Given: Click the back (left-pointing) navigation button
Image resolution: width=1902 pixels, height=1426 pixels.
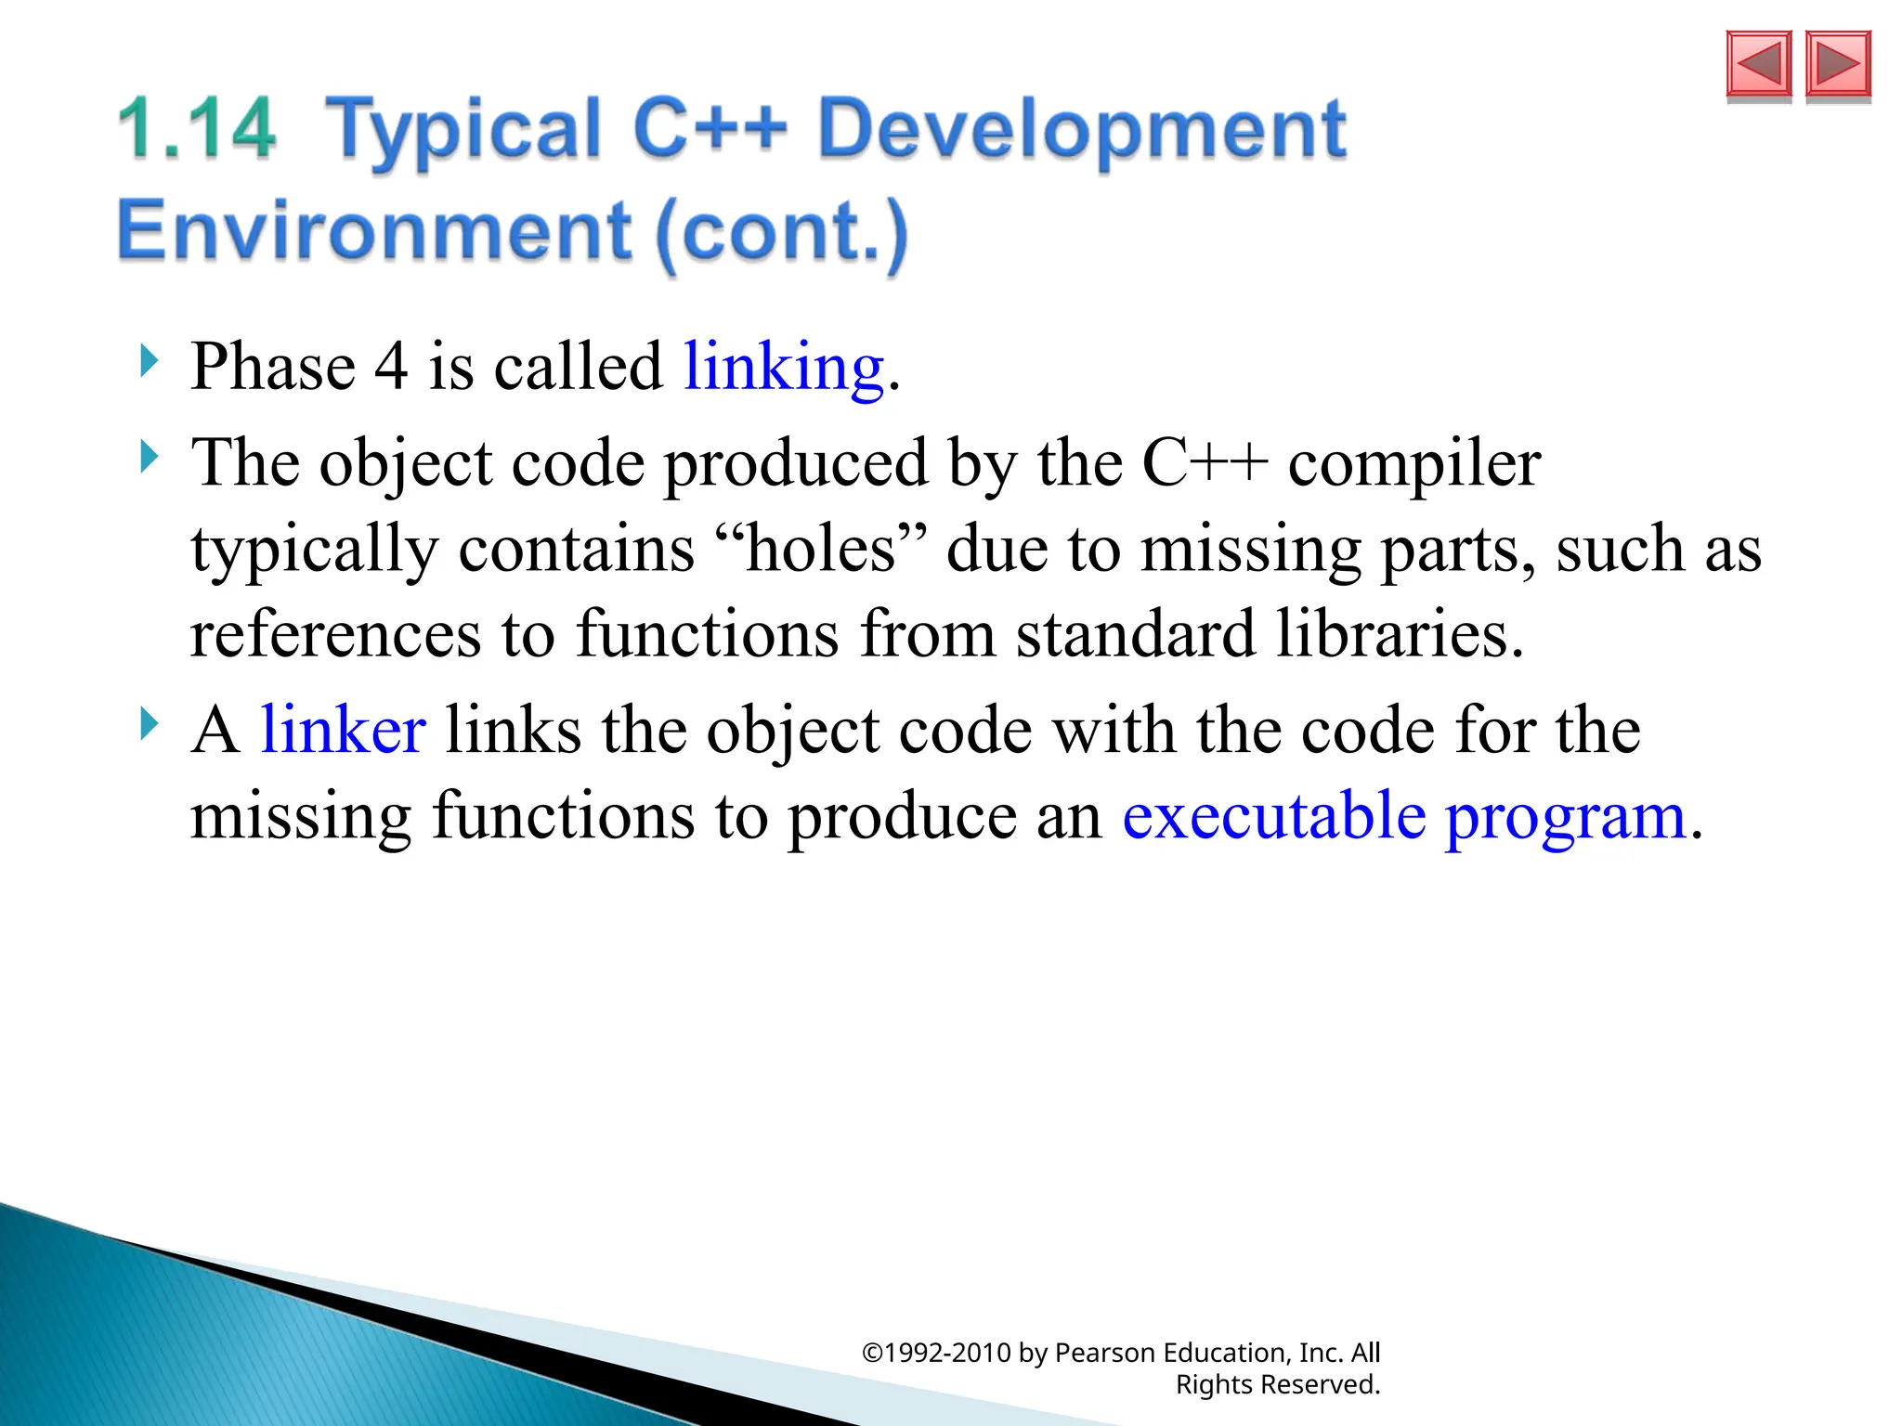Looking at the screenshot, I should tap(1758, 64).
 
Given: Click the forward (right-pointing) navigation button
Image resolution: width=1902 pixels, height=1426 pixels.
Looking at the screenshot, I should tap(1838, 64).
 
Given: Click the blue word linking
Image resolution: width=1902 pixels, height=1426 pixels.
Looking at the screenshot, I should tap(784, 367).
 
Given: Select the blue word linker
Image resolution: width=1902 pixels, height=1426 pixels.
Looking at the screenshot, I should tap(343, 730).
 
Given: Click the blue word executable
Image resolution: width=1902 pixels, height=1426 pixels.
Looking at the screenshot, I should tap(1274, 816).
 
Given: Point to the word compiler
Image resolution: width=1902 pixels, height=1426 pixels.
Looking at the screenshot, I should tap(1413, 464).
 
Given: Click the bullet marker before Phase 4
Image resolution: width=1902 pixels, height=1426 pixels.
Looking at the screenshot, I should tap(149, 360).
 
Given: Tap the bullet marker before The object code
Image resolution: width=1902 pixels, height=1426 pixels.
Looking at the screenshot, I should tap(149, 457).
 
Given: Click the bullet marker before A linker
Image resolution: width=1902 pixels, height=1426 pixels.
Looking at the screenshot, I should tap(149, 723).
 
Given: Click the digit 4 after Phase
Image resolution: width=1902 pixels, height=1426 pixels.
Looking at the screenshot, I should tap(391, 367).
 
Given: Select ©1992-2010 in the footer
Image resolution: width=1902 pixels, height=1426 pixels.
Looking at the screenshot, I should tap(936, 1353).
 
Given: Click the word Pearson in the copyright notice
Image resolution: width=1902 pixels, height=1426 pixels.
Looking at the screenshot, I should tap(1105, 1353).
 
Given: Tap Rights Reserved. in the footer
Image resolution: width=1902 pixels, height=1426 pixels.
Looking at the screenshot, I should tap(1278, 1384).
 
